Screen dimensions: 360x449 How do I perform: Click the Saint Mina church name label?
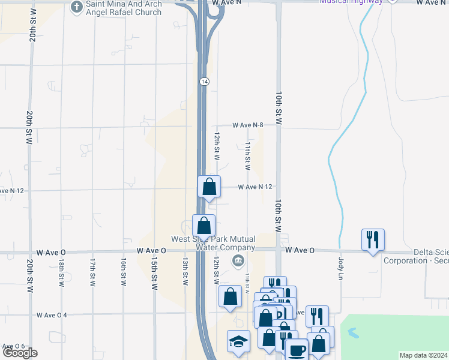tap(124, 8)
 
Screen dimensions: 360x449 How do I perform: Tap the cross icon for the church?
tap(76, 7)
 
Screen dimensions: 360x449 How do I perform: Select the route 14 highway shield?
tap(204, 81)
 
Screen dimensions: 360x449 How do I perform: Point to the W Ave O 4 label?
tap(52, 315)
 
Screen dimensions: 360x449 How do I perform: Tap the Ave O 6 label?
tap(13, 346)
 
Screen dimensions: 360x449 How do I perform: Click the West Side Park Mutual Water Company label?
tap(213, 243)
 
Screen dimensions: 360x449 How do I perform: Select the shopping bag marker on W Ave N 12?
tap(209, 187)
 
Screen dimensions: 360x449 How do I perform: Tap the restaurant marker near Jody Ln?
tap(373, 240)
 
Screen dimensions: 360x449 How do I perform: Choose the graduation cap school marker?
tap(238, 341)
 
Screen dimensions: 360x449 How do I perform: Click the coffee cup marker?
tap(295, 350)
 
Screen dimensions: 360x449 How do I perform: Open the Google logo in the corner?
tap(19, 353)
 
